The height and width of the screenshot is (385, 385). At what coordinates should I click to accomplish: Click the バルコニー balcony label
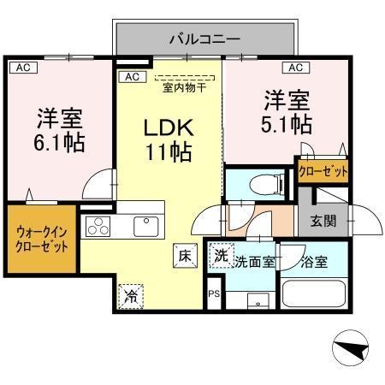pyautogui.click(x=204, y=38)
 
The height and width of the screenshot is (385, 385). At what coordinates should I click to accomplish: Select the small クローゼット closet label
pyautogui.click(x=323, y=171)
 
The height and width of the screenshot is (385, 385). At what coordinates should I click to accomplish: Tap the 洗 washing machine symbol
pyautogui.click(x=221, y=255)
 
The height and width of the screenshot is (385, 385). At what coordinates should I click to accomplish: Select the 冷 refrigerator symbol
pyautogui.click(x=131, y=296)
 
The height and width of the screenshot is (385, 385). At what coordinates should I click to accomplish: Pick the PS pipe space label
pyautogui.click(x=214, y=294)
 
